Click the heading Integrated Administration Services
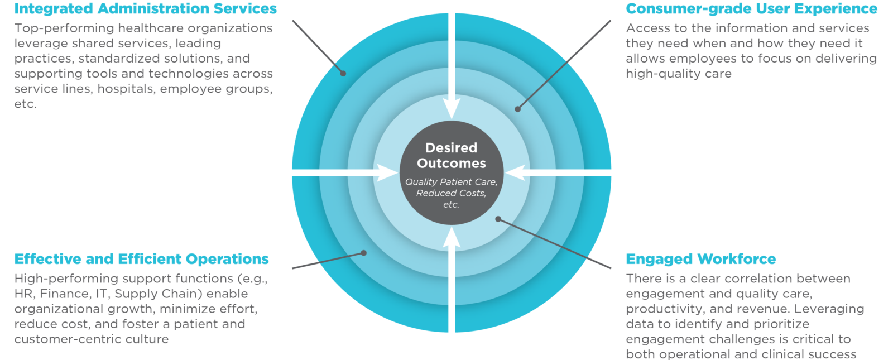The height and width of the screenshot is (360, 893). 145,9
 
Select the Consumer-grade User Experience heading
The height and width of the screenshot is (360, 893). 751,9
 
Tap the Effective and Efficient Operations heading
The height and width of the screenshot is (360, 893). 141,259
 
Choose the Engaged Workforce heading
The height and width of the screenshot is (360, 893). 700,259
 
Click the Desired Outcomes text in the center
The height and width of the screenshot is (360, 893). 452,156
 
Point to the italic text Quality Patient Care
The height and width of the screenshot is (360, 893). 451,182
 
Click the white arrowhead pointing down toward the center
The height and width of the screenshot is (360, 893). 452,109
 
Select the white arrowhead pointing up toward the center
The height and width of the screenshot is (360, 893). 452,237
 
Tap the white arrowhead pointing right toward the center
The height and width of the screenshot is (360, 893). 388,172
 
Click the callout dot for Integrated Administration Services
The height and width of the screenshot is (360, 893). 343,73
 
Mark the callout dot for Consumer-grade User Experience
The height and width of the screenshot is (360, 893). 518,109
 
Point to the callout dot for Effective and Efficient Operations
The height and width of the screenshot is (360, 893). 364,253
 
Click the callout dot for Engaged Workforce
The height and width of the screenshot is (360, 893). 498,219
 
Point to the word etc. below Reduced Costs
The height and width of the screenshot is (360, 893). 451,205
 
